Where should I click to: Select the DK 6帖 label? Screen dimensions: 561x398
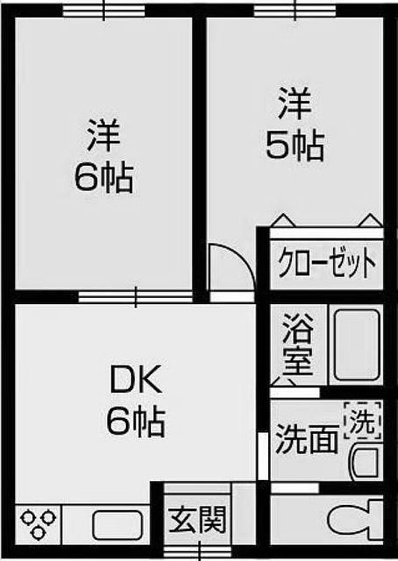136,402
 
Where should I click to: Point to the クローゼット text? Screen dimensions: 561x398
327,263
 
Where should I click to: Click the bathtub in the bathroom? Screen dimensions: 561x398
356,344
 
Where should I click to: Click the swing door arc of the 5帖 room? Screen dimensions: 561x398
230,267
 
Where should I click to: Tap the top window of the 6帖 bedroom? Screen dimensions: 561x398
104,10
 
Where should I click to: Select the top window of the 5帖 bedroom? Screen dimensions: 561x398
296,10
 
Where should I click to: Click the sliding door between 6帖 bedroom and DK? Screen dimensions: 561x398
135,296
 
